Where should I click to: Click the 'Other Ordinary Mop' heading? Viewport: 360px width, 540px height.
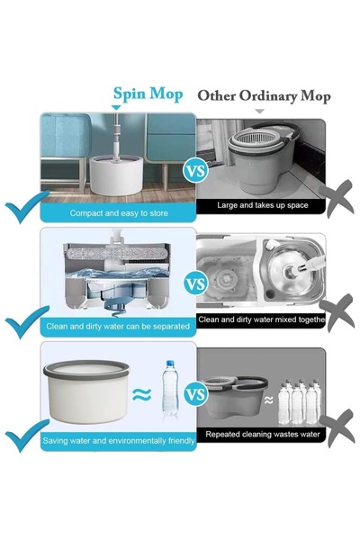pos(264,95)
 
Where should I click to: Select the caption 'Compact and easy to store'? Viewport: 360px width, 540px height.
pos(118,213)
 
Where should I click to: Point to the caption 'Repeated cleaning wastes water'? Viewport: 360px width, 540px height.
pos(262,435)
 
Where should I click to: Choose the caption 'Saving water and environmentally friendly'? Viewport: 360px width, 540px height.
pos(119,441)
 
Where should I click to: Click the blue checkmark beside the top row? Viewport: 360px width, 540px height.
pos(27,211)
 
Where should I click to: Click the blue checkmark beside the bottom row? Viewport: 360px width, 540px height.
pos(27,438)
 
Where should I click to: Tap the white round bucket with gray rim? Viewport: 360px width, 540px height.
pos(85,391)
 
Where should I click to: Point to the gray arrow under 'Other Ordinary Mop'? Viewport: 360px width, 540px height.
pos(260,111)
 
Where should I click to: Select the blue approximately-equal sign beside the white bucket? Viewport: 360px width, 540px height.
pos(141,393)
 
